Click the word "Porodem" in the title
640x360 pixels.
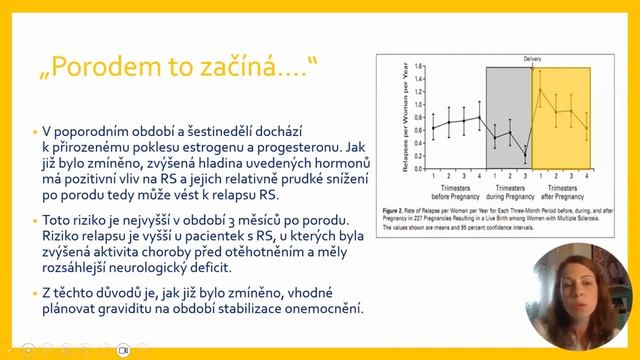point(104,68)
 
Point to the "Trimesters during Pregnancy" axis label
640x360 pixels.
point(509,191)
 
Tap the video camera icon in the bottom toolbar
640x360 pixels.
point(124,351)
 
